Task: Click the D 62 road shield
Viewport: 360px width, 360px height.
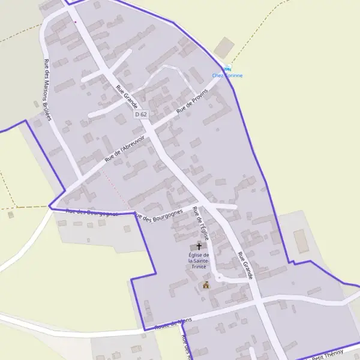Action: coord(141,114)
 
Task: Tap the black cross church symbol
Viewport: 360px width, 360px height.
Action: coord(199,247)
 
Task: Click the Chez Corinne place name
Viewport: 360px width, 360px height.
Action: coord(227,76)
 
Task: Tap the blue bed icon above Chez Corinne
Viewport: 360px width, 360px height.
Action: coord(227,68)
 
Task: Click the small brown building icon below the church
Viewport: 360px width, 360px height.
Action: coord(206,285)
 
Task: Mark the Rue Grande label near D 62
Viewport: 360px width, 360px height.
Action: coord(127,97)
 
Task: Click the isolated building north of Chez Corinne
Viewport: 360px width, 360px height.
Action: coord(225,47)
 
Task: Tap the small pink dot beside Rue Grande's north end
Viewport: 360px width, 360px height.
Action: coord(76,22)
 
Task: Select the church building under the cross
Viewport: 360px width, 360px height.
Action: coord(199,247)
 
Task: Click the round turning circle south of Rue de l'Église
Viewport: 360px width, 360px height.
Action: coord(220,277)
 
